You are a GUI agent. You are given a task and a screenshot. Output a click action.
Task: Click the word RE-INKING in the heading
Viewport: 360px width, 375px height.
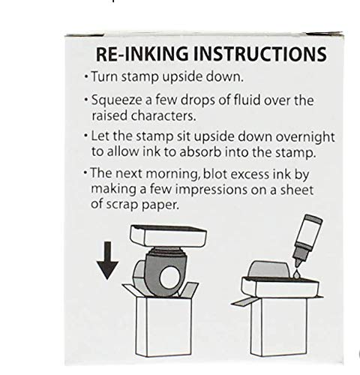click(x=142, y=54)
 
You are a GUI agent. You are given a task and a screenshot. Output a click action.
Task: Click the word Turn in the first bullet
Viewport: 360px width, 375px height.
click(x=104, y=76)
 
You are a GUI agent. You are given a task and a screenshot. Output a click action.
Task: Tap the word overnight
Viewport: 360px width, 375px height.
click(x=305, y=137)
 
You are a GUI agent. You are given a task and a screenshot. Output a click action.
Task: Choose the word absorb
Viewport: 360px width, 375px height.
click(x=200, y=151)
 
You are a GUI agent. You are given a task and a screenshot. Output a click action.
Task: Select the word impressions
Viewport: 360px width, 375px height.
click(x=211, y=190)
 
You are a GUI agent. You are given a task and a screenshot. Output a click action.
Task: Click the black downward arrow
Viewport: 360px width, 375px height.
click(x=107, y=260)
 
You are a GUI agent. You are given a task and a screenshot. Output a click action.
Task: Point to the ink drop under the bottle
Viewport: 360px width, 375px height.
click(x=297, y=274)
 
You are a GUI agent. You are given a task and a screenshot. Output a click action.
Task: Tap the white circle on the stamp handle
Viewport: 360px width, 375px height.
click(x=169, y=277)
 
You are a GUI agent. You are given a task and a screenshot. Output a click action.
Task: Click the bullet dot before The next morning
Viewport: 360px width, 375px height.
click(x=85, y=172)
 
